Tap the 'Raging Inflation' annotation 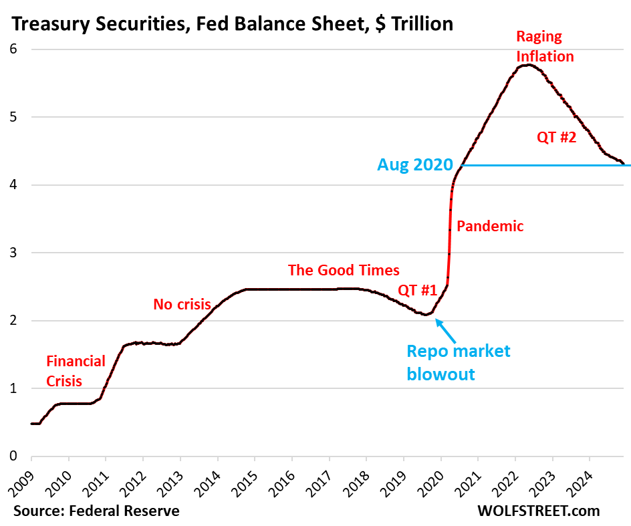point(545,47)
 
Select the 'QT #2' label point(555,138)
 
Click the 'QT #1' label point(417,291)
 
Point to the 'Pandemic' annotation point(490,227)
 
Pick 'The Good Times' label point(344,270)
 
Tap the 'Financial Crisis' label point(76,371)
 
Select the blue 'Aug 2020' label point(415,164)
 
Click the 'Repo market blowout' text point(459,362)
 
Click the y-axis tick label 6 point(13,49)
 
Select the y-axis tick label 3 point(13,253)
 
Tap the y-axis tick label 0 point(13,456)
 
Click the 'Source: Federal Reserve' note point(95,511)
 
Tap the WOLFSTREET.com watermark point(539,511)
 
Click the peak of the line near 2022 point(528,64)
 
